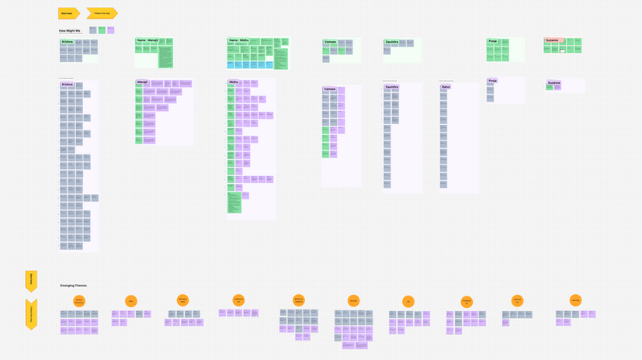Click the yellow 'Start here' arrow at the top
coord(68,13)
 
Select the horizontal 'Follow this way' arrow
coord(102,13)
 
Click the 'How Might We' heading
coord(70,30)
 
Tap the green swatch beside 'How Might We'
coord(102,30)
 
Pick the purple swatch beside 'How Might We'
coord(111,30)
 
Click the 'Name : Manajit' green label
coord(147,40)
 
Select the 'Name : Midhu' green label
coord(239,40)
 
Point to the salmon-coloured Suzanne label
coord(553,40)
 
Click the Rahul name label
coord(446,87)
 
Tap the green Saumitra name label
coord(391,42)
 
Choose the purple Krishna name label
coord(68,84)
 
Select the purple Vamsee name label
coord(329,89)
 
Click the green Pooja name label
coord(492,41)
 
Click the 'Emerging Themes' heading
coord(74,286)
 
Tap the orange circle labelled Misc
coord(131,301)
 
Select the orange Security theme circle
coord(353,301)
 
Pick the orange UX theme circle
coord(408,302)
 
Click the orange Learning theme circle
coord(575,300)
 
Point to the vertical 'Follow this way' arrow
coord(31,313)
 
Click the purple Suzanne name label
coord(554,83)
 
